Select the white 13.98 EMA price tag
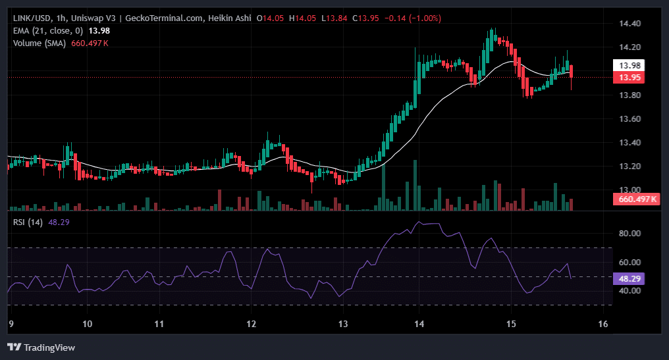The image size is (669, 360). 628,65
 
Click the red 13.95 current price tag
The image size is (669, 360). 628,78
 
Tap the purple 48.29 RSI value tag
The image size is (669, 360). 628,278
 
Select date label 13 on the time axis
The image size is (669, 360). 343,324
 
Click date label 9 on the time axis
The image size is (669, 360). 10,324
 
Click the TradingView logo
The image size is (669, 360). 41,347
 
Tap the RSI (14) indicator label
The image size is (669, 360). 28,222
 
